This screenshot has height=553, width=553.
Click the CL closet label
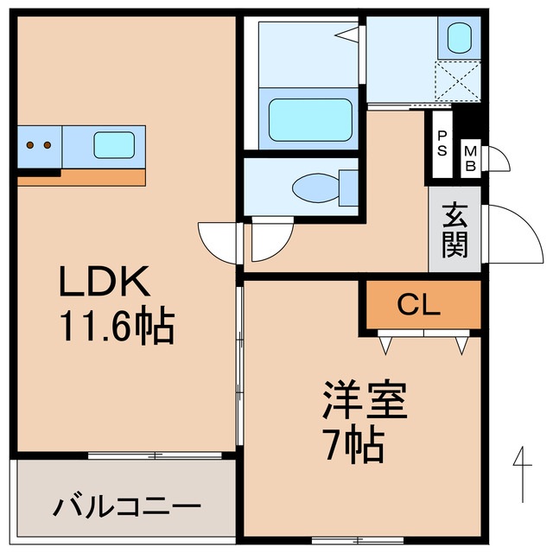click(419, 304)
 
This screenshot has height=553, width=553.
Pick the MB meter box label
click(470, 159)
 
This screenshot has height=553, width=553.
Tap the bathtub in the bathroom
click(310, 121)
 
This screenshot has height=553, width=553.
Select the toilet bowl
click(311, 187)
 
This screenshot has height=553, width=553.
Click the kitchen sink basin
click(113, 143)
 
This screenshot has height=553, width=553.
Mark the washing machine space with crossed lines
click(458, 82)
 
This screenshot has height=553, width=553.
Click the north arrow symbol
click(523, 471)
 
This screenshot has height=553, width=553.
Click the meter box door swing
click(497, 159)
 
